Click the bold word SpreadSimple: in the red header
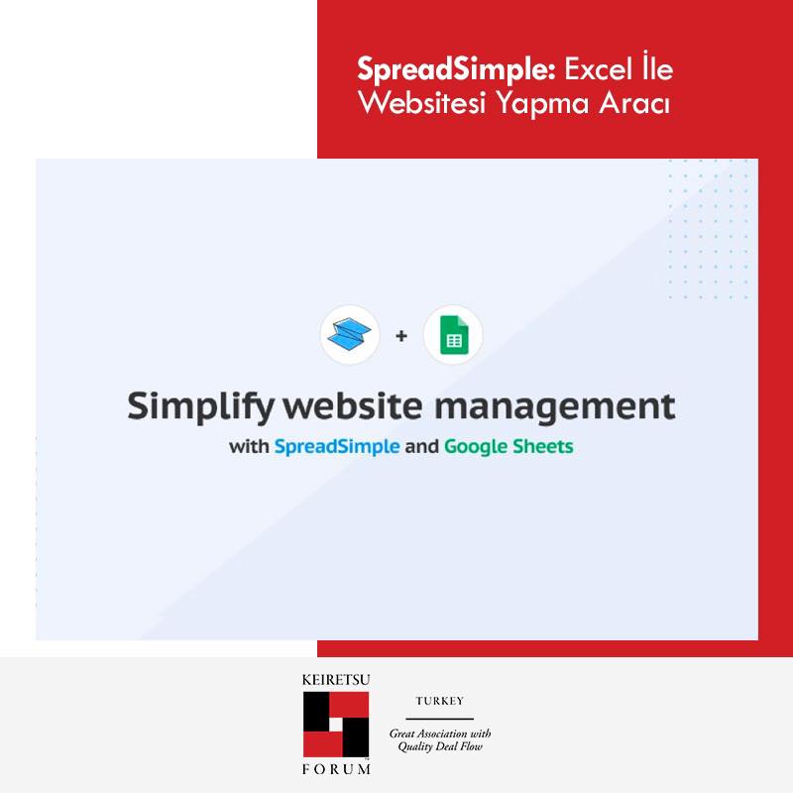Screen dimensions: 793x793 coord(457,69)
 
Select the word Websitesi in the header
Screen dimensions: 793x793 coord(422,103)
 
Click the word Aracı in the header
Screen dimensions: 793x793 coord(634,103)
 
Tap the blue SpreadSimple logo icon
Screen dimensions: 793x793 coord(349,334)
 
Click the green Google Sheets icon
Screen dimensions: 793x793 coord(454,335)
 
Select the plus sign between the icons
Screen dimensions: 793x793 coord(401,336)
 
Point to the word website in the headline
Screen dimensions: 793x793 coord(353,405)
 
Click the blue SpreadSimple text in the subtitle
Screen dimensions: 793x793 coord(337,447)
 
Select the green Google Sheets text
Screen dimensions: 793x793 coord(509,447)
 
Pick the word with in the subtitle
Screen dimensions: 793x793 coord(249,447)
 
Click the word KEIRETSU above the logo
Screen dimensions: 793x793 coord(336,680)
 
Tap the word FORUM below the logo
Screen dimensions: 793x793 coord(336,769)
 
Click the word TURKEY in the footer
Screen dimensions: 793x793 coord(439,701)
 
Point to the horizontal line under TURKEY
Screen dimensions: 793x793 coord(439,719)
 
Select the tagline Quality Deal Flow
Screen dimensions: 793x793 coord(440,746)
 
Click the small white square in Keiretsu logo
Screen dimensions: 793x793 coord(336,725)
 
